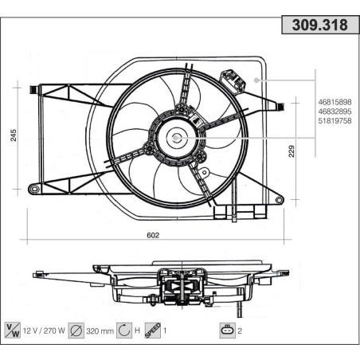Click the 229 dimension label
[x=292, y=151]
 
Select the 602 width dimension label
[x=154, y=235]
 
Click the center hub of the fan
[x=176, y=136]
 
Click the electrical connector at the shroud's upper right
[x=232, y=80]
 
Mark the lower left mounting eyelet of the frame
[x=34, y=189]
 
